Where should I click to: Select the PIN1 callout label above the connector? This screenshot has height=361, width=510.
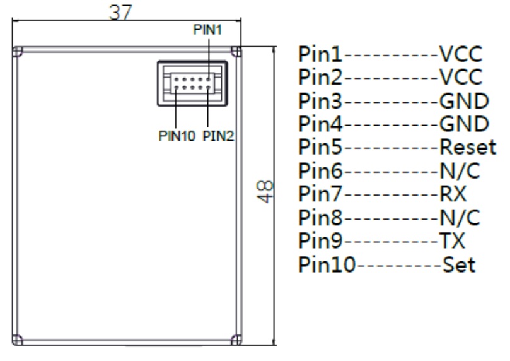coord(207,31)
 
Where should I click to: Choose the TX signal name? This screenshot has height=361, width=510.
coord(451,240)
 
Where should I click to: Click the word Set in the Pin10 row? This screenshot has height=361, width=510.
coord(458,264)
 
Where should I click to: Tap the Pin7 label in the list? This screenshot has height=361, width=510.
coord(322,194)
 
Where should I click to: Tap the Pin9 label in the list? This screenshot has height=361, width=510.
coord(322,240)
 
